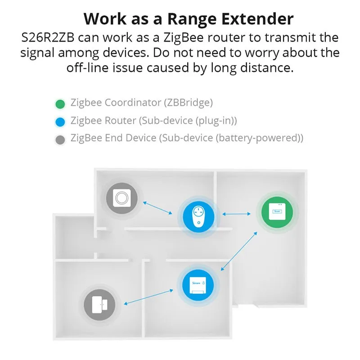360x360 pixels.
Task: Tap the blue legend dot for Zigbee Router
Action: (59, 121)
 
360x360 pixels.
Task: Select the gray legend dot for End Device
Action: (59, 139)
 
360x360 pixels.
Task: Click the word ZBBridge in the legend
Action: (188, 103)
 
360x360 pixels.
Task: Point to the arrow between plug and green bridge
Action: (238, 214)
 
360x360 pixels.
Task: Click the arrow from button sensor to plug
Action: (157, 207)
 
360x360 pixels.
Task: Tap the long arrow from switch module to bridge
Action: (239, 251)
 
